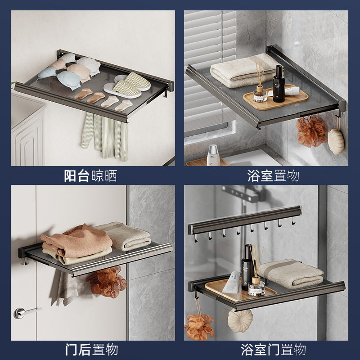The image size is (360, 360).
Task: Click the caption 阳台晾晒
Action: [90, 175]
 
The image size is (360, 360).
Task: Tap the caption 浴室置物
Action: [273, 175]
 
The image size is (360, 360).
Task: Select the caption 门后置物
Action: [91, 349]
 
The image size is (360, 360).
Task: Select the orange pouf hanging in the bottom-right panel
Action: [199, 326]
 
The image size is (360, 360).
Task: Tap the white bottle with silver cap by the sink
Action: [213, 155]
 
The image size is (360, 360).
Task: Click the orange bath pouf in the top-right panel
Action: [312, 130]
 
